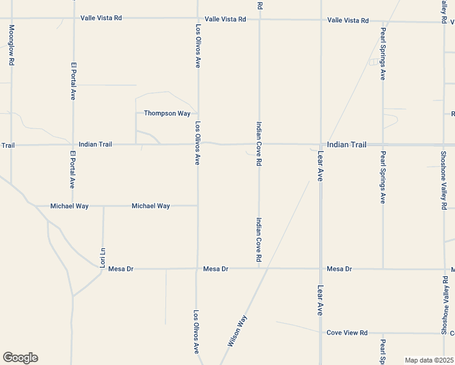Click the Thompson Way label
point(167,113)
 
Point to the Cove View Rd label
point(347,333)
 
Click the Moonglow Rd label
point(11,46)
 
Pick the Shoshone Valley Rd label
point(443,181)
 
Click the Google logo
point(20,358)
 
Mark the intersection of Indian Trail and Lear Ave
point(321,145)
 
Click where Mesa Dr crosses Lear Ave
point(321,268)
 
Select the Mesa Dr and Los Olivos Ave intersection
point(197,268)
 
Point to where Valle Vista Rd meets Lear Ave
point(321,19)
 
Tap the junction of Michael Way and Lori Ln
point(103,206)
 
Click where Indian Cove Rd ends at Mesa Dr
point(259,268)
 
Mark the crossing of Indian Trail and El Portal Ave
point(73,145)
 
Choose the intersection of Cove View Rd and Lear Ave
point(321,333)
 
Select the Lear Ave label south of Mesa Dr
point(320,300)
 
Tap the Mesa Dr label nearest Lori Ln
point(120,269)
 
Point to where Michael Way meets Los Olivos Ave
point(197,206)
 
